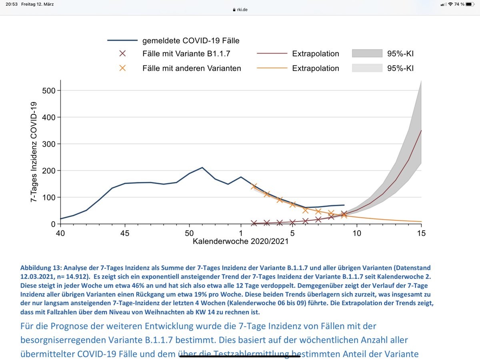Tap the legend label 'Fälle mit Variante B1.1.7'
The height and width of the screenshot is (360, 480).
point(186,54)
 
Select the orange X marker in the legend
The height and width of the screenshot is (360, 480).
point(122,68)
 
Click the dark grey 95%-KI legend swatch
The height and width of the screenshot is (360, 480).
point(367,54)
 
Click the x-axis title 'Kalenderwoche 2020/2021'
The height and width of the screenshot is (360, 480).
point(240,242)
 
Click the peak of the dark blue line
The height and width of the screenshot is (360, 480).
point(202,168)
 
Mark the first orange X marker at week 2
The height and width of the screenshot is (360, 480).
point(254,186)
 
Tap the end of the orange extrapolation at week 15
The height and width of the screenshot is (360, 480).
point(421,222)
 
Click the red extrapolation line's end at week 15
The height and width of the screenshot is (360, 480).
point(421,130)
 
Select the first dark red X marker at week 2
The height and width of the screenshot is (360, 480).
point(254,223)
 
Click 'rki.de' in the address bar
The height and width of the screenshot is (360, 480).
point(242,10)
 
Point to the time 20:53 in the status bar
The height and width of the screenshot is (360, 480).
point(13,4)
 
